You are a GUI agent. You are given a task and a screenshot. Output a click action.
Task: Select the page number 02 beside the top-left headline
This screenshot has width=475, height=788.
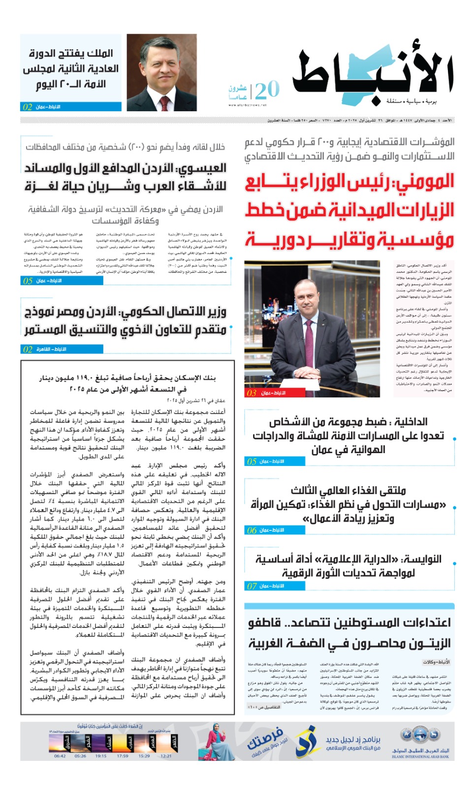tap(28, 107)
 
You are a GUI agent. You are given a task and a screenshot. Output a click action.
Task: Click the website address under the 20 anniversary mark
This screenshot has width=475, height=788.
tap(247, 105)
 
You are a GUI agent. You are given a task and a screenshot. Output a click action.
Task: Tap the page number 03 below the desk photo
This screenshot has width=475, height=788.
tap(251, 393)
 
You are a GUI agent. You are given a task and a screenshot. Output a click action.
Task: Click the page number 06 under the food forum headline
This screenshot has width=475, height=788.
tap(252, 530)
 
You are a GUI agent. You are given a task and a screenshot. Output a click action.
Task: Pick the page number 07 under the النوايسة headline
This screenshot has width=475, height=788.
tap(252, 586)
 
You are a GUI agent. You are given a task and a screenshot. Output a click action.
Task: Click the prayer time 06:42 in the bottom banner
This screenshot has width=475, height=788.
tap(60, 756)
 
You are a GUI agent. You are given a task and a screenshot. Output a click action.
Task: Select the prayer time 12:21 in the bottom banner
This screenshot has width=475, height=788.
tap(166, 756)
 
